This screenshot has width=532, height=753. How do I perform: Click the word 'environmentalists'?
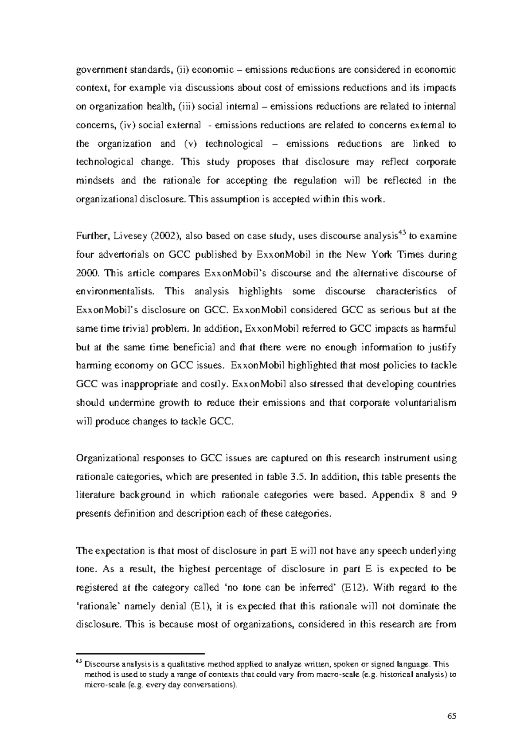[x=116, y=292]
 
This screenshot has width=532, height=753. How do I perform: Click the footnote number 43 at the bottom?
[x=79, y=662]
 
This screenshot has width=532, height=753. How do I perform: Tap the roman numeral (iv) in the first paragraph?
[x=128, y=125]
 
